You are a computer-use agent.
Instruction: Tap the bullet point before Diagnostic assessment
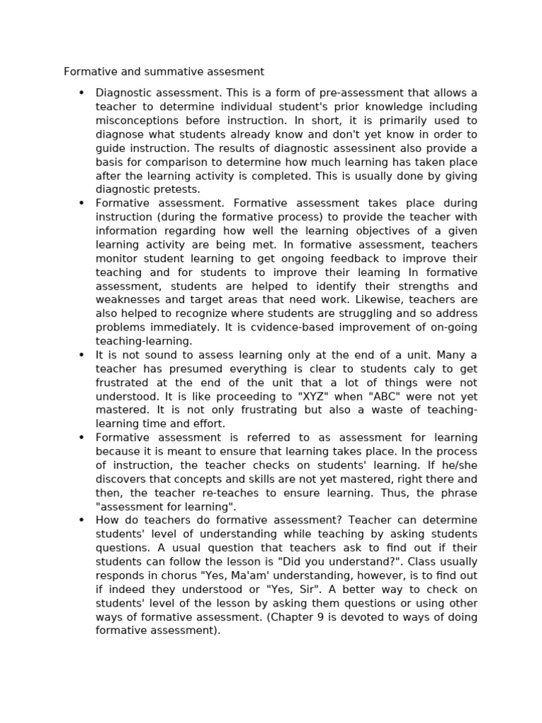(x=82, y=92)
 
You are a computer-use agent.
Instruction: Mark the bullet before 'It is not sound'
(x=82, y=355)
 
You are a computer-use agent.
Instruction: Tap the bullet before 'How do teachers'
(x=82, y=520)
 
